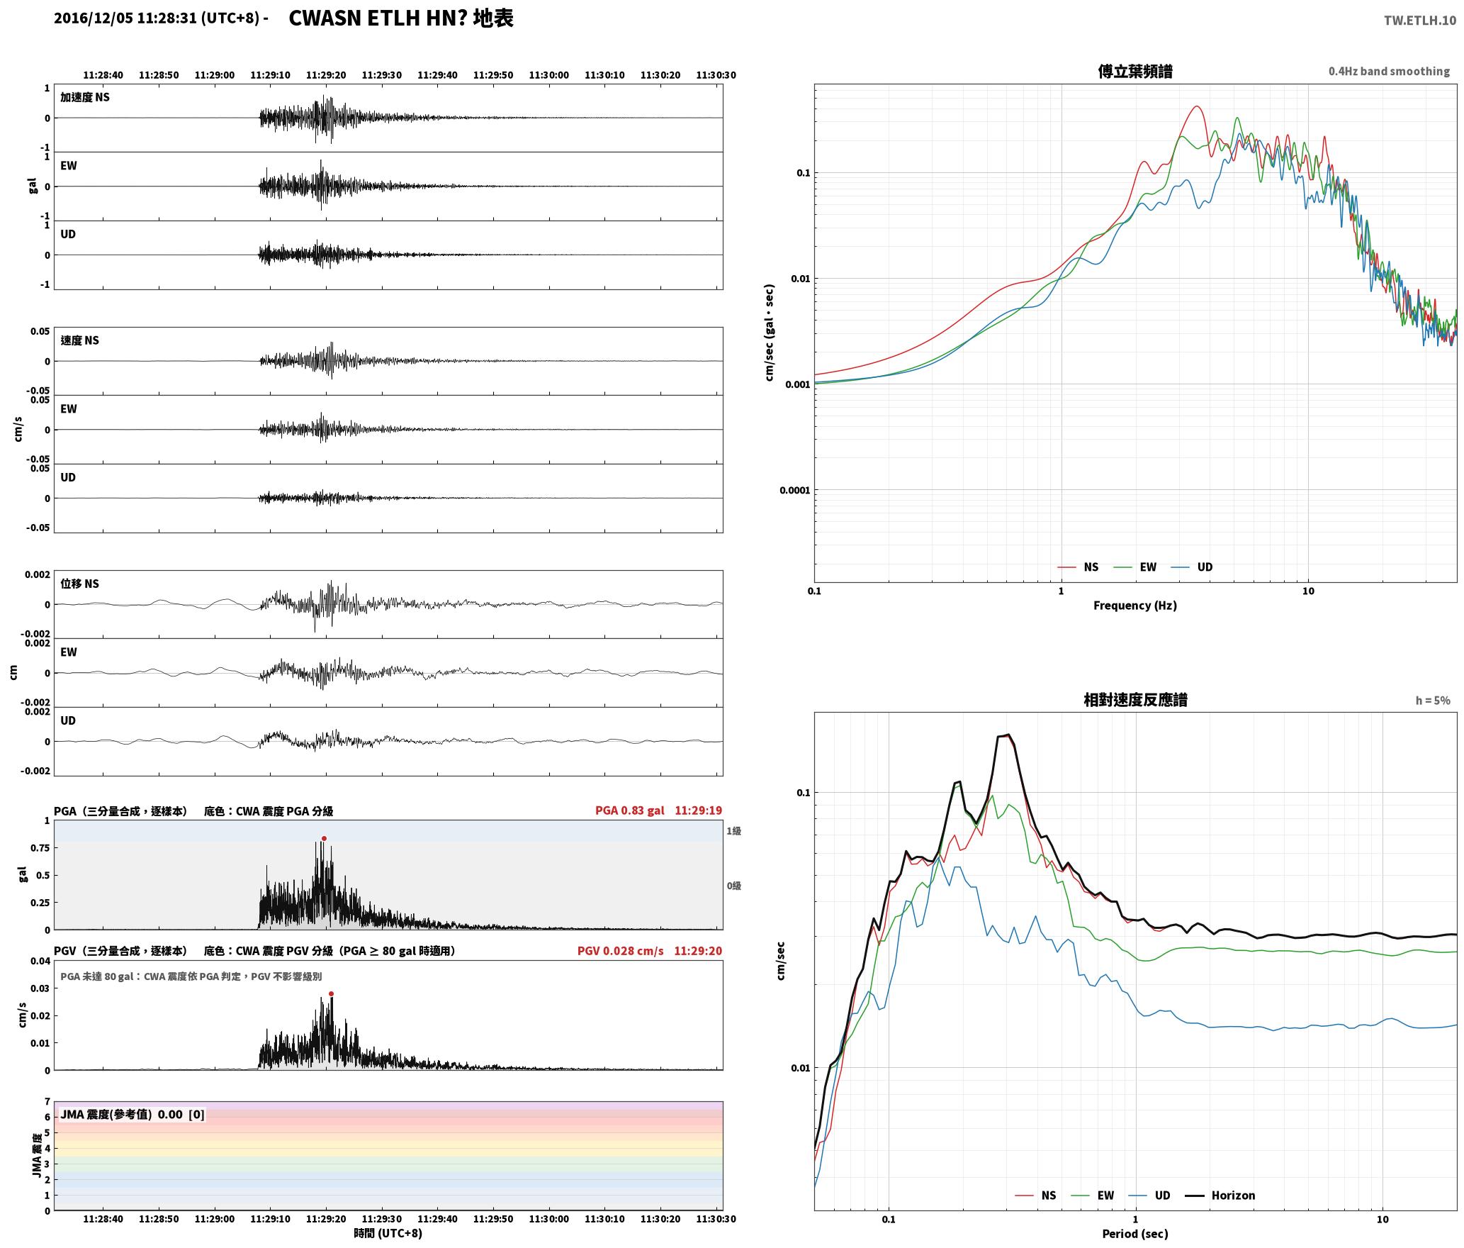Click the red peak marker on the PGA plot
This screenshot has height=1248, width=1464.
324,839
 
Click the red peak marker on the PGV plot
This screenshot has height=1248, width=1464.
331,994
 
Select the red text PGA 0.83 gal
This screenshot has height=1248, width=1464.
630,810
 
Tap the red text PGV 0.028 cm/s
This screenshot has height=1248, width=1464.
621,951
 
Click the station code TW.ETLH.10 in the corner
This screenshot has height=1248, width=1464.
1420,21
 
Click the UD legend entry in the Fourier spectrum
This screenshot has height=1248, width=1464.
1192,567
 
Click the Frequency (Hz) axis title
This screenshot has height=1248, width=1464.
1134,606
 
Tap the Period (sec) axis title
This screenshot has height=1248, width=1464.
1134,1234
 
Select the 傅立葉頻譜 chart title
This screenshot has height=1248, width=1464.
1134,72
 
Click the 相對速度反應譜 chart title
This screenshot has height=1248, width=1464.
1134,700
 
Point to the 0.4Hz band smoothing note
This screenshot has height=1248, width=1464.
1389,72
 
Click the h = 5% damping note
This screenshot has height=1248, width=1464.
1433,701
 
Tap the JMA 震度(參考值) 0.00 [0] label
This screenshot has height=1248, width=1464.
133,1115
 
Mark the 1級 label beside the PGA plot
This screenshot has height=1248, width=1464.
733,831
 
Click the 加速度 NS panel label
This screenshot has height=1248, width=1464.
85,97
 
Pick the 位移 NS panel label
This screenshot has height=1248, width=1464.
79,584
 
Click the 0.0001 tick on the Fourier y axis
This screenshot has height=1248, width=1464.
794,491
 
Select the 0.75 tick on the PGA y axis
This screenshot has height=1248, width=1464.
40,848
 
